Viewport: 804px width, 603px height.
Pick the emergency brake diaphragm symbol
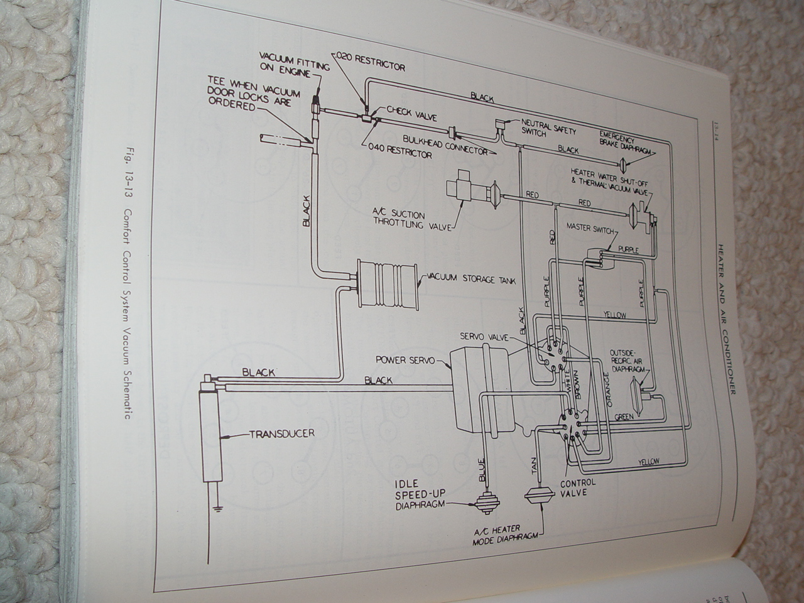coord(622,165)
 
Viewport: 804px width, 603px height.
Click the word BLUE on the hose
coord(481,470)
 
